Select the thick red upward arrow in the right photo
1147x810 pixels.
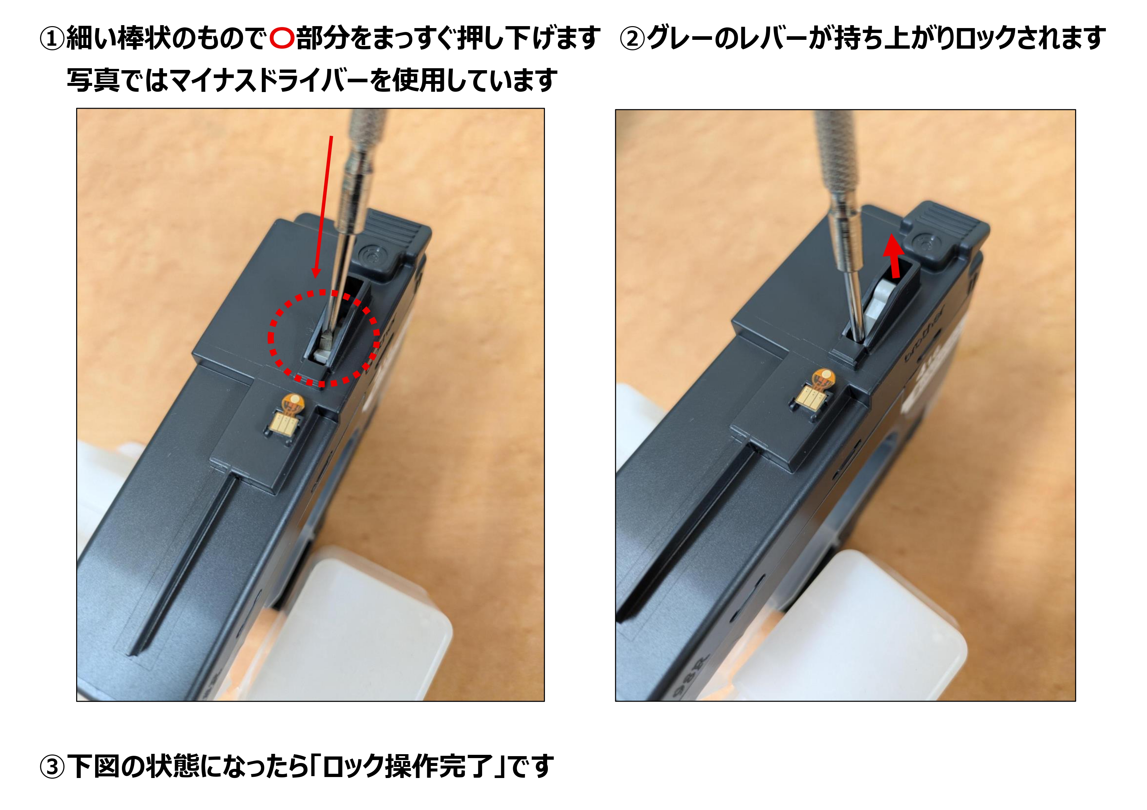893,257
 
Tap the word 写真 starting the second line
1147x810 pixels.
93,80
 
